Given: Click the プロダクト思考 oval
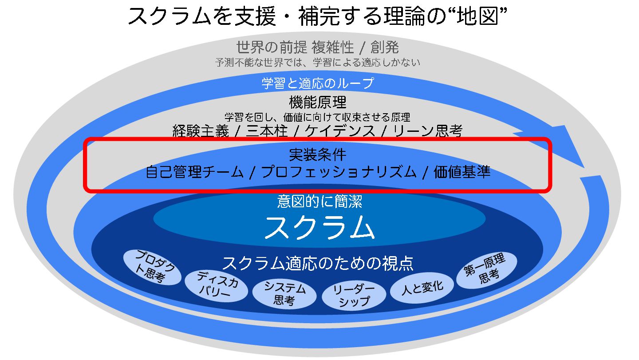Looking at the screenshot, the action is (152, 267).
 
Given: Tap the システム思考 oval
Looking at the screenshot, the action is (284, 294).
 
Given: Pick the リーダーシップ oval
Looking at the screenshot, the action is (354, 295).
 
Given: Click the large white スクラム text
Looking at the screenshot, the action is (319, 227).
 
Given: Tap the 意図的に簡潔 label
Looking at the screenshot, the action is (319, 202).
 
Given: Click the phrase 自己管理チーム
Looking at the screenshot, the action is (194, 172).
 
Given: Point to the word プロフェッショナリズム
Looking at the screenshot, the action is (339, 172).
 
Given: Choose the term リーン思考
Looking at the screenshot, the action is (427, 131).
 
